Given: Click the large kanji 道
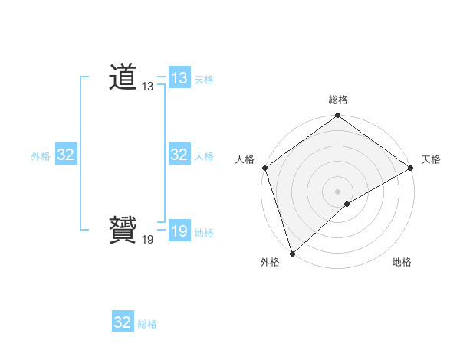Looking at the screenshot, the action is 123,77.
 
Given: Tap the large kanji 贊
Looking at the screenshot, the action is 123,231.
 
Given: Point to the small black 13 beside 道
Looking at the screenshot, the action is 148,87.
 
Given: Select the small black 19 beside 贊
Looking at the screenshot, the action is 148,240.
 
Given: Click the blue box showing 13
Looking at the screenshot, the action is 179,78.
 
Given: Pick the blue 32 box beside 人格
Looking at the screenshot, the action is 179,155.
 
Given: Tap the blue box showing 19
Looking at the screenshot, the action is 179,231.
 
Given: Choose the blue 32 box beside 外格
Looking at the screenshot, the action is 66,155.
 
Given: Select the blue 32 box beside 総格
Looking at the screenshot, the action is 123,322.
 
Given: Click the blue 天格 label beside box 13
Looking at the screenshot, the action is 204,80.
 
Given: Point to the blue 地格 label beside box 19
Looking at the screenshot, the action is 204,233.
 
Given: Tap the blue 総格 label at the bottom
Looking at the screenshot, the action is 147,324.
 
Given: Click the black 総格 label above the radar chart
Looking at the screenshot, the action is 338,100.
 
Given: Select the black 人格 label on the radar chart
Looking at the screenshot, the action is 245,159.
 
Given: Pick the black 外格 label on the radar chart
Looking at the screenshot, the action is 270,262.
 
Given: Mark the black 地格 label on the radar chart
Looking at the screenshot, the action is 402,262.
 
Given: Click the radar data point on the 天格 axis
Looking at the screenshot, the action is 411,168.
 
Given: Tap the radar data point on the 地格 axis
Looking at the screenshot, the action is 347,204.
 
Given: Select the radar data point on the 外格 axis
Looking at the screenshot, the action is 293,253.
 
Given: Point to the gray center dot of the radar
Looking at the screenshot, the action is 338,191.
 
